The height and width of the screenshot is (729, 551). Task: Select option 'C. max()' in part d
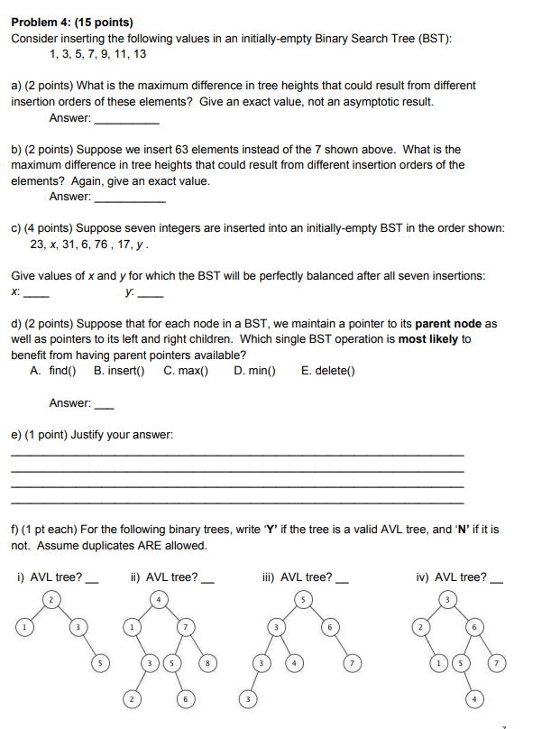click(186, 370)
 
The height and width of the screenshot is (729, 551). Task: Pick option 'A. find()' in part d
click(52, 370)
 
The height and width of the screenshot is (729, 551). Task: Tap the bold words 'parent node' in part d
click(448, 323)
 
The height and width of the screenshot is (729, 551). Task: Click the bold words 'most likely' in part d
click(426, 339)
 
